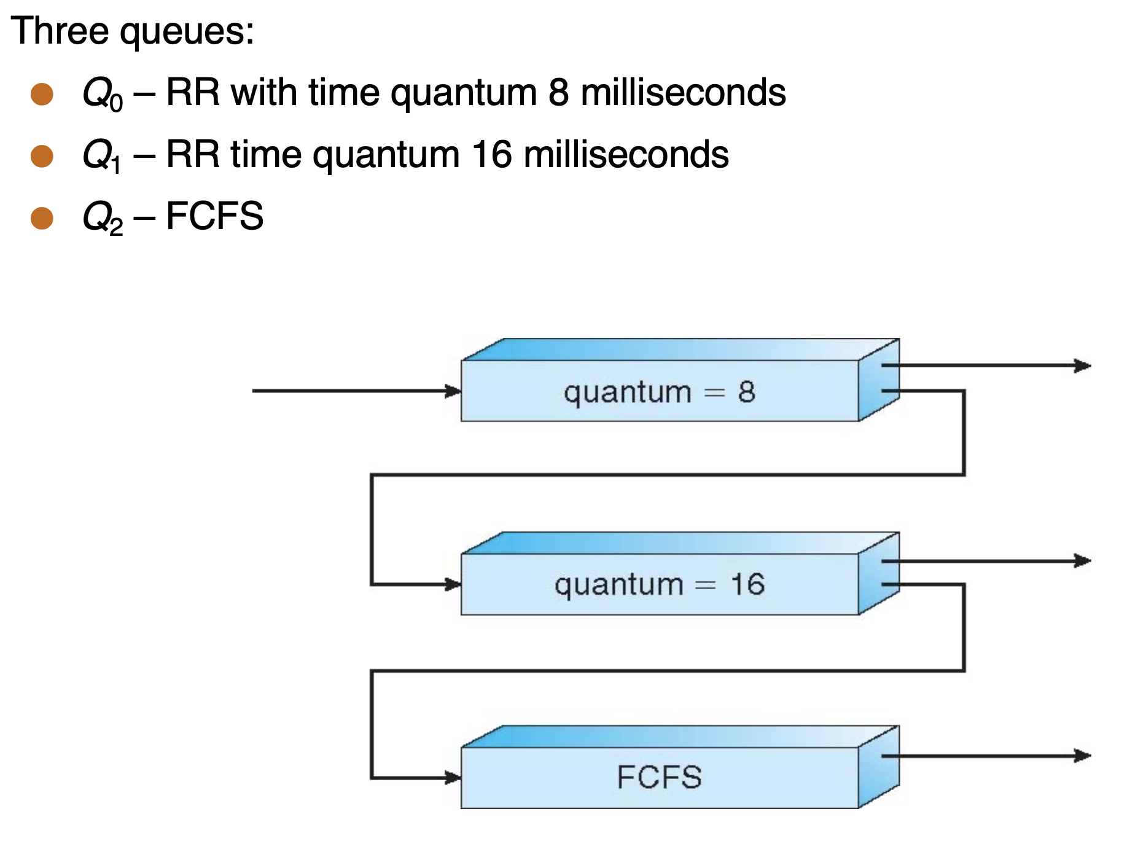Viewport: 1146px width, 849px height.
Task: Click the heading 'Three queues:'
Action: (x=132, y=31)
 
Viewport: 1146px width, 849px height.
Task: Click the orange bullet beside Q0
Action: (x=42, y=94)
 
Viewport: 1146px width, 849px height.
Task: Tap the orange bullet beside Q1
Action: (x=42, y=156)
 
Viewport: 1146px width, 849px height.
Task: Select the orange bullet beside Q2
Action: (x=42, y=217)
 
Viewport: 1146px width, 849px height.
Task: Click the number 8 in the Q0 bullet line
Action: (x=558, y=93)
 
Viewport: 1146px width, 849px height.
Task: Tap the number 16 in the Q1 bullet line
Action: (x=491, y=154)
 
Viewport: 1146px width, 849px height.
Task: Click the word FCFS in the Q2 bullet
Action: (x=214, y=216)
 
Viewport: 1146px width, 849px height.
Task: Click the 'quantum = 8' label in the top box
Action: (x=659, y=392)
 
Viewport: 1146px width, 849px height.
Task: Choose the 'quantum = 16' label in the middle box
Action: (x=659, y=584)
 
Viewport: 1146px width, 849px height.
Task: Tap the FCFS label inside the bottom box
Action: (x=659, y=777)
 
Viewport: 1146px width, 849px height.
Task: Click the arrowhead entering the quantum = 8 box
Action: (x=453, y=391)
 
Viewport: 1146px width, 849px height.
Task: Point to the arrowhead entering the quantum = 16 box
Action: (x=453, y=584)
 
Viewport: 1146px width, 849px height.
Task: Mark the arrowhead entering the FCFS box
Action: (x=453, y=778)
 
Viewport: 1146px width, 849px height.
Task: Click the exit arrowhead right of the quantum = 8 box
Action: (x=1082, y=366)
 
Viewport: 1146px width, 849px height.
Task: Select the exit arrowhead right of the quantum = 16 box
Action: (x=1082, y=561)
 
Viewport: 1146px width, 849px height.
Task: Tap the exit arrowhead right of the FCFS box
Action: (x=1082, y=756)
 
